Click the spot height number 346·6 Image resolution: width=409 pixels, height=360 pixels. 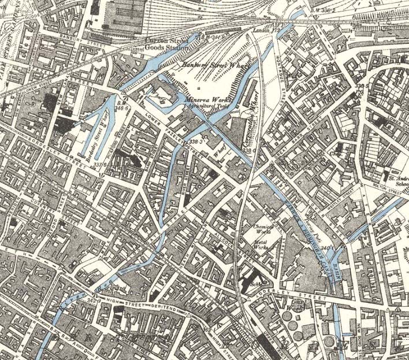click(121, 107)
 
